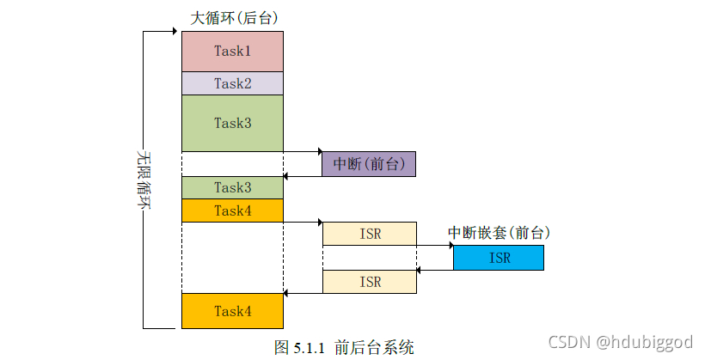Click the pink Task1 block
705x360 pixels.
coord(232,52)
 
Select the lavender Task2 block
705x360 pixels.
coord(232,83)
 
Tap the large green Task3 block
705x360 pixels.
coord(232,123)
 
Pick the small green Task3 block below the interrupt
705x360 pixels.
coord(232,187)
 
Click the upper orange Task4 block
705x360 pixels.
coord(232,211)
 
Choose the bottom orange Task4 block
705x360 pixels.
coord(232,311)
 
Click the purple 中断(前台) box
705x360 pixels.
coord(369,164)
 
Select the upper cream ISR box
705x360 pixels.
coord(369,234)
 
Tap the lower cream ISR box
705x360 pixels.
coord(369,281)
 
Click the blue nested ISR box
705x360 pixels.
coord(498,258)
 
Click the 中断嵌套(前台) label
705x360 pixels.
coord(499,233)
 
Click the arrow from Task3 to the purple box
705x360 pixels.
coord(303,152)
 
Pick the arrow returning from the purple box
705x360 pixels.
coord(303,176)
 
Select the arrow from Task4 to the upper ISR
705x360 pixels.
coord(303,223)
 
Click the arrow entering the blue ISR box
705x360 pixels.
coord(434,246)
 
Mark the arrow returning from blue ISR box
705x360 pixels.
coord(434,269)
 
